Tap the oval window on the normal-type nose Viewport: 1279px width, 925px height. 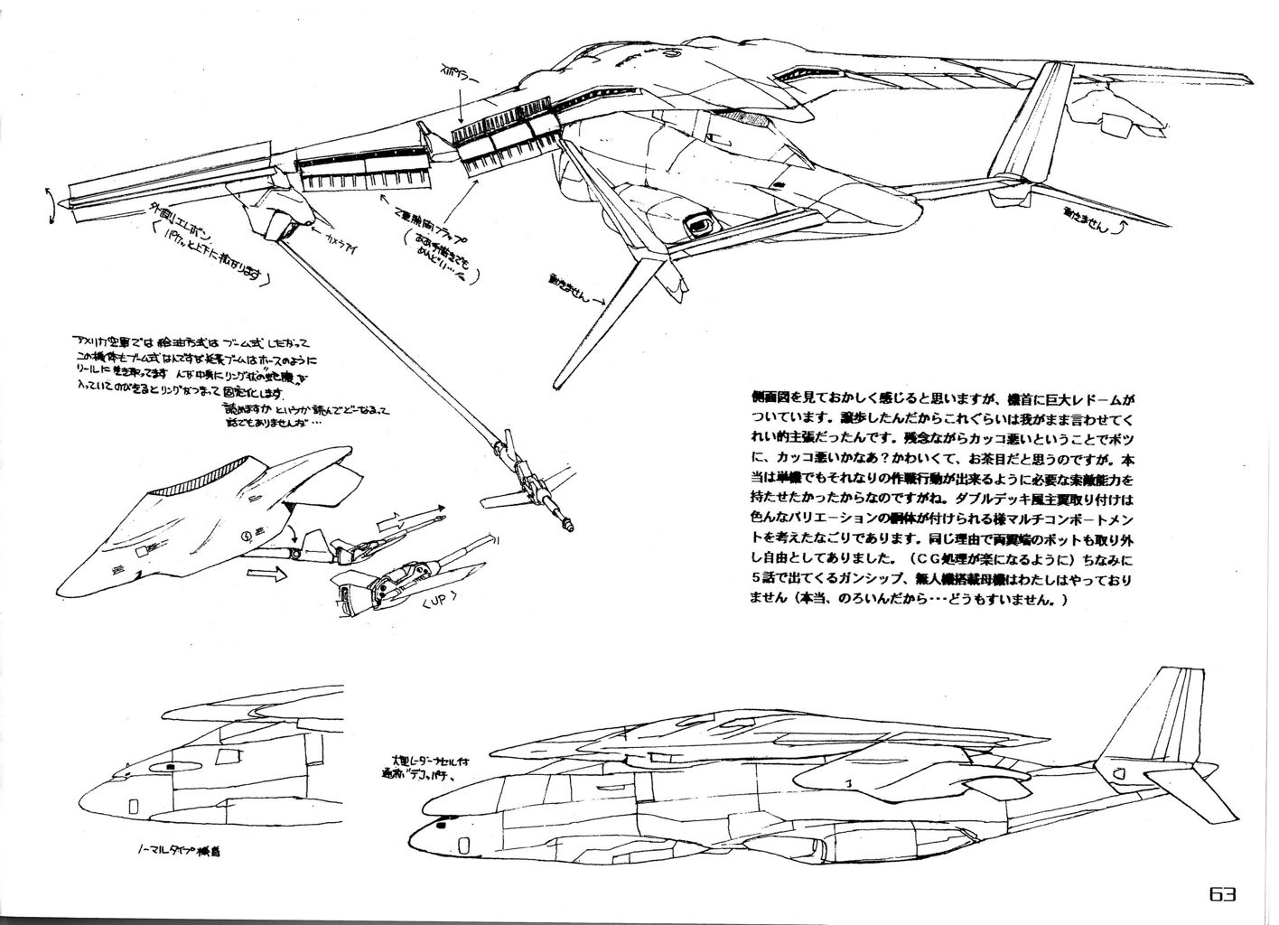(166, 766)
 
